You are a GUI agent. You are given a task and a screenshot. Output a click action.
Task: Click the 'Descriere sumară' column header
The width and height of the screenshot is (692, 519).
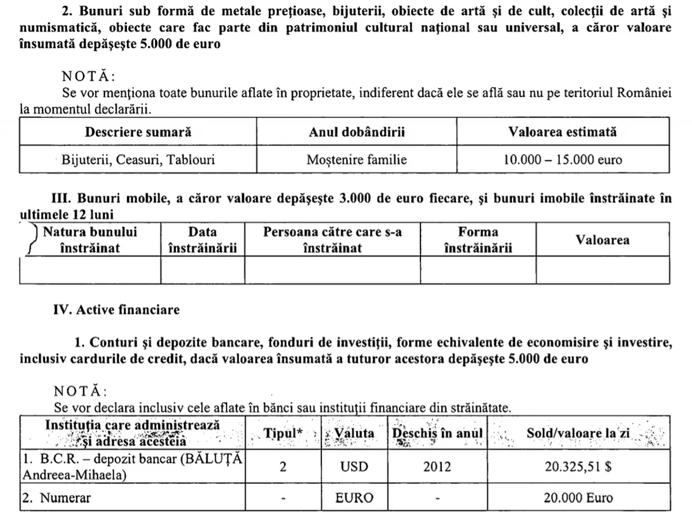click(x=138, y=132)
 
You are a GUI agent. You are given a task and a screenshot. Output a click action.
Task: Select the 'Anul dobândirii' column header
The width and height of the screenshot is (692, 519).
click(x=356, y=132)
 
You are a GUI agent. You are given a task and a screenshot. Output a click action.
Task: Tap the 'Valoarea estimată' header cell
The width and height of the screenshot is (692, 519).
click(x=562, y=132)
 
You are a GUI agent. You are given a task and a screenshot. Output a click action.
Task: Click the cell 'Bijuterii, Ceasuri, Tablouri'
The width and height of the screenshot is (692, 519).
click(x=138, y=160)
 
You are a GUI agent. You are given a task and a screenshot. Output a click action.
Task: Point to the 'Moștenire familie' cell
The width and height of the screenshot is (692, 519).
click(x=356, y=160)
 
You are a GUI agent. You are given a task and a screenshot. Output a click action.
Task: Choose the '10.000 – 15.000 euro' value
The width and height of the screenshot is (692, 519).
click(x=562, y=160)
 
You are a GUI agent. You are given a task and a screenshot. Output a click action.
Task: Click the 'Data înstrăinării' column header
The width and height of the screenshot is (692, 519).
click(x=202, y=240)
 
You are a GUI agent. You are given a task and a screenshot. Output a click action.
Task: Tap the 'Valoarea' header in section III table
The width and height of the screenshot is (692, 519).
click(x=603, y=240)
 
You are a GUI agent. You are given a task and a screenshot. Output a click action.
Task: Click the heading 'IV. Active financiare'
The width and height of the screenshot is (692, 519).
click(x=116, y=310)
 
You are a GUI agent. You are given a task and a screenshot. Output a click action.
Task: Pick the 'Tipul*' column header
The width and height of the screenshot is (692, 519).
click(x=283, y=434)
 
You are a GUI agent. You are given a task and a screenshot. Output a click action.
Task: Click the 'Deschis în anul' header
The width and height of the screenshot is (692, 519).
click(x=437, y=434)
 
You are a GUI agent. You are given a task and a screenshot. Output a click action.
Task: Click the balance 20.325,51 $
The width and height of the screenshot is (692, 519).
click(x=578, y=467)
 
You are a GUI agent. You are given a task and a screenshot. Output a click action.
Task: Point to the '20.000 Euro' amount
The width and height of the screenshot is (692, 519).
click(x=579, y=498)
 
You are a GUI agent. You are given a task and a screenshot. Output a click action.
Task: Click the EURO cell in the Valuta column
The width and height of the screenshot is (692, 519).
click(x=354, y=498)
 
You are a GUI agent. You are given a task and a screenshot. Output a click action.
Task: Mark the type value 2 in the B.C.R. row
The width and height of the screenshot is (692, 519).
click(x=283, y=467)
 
